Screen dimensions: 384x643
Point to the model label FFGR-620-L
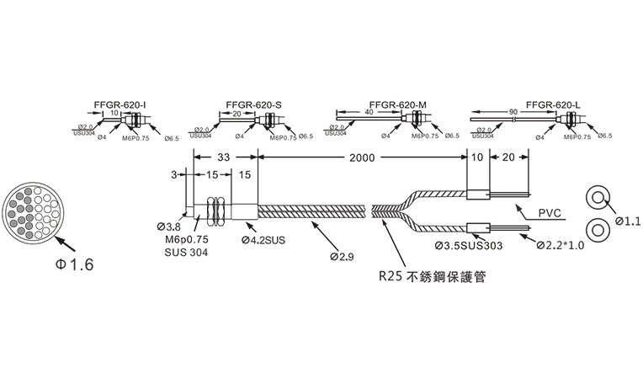click(553, 106)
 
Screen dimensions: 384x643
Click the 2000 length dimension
click(362, 157)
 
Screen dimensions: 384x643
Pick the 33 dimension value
click(225, 157)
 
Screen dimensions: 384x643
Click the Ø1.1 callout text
click(628, 221)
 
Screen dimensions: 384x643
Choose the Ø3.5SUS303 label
click(469, 247)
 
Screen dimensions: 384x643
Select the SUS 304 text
click(184, 252)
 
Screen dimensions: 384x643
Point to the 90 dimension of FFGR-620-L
click(513, 112)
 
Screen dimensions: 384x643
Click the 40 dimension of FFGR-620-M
click(369, 112)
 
